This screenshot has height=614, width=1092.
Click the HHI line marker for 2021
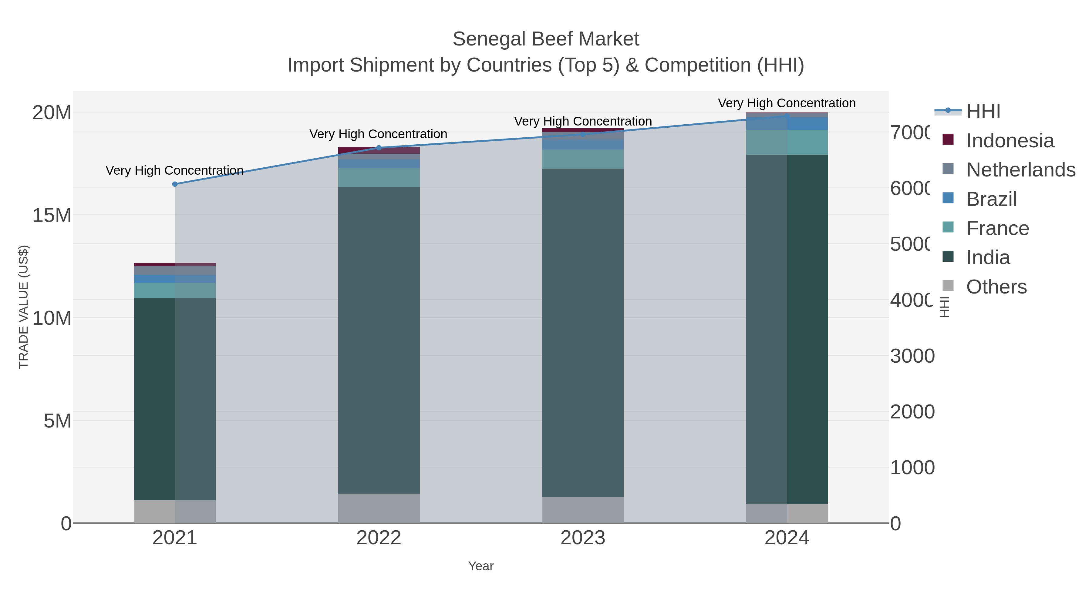[x=175, y=184]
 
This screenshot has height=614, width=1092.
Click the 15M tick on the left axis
[x=52, y=215]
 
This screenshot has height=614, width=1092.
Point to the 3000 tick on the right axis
[x=912, y=356]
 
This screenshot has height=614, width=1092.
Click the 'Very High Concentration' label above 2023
[x=583, y=121]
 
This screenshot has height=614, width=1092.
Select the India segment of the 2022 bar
[x=379, y=339]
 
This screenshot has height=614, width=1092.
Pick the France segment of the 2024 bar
[x=787, y=143]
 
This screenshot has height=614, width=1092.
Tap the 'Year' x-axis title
[x=481, y=566]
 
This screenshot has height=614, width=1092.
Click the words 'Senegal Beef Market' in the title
[x=546, y=39]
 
